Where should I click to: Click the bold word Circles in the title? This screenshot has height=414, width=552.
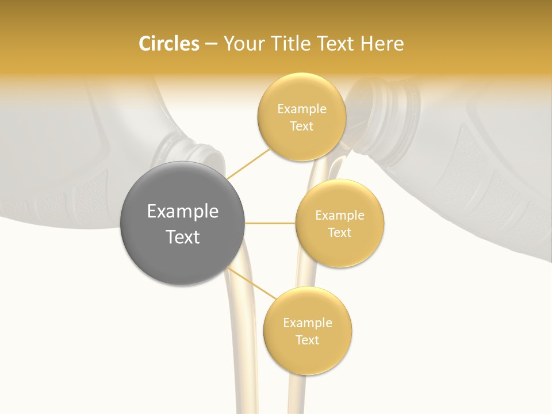click(x=169, y=44)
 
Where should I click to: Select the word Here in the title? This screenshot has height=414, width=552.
click(x=382, y=44)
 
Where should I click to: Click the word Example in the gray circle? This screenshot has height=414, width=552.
click(x=183, y=212)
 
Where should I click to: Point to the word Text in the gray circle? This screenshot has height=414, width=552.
click(x=183, y=237)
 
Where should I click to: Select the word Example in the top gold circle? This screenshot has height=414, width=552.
click(x=302, y=109)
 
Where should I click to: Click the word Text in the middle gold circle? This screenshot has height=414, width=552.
click(x=340, y=233)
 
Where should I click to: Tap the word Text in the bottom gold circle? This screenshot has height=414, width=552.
click(x=308, y=340)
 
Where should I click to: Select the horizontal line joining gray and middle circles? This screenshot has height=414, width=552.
click(x=270, y=223)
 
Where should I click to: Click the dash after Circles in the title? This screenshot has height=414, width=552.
click(x=210, y=44)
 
